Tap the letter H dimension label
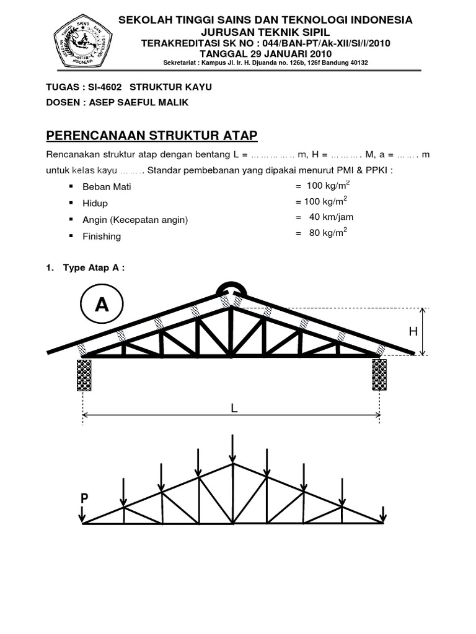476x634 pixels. coord(413,332)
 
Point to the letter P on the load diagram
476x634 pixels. coord(83,498)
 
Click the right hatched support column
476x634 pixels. coord(379,375)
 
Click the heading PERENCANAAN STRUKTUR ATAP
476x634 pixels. coord(152,135)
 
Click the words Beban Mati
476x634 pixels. coord(107,186)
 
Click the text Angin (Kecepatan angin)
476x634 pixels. coord(135,220)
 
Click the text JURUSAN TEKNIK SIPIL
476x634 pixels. coord(266,32)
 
